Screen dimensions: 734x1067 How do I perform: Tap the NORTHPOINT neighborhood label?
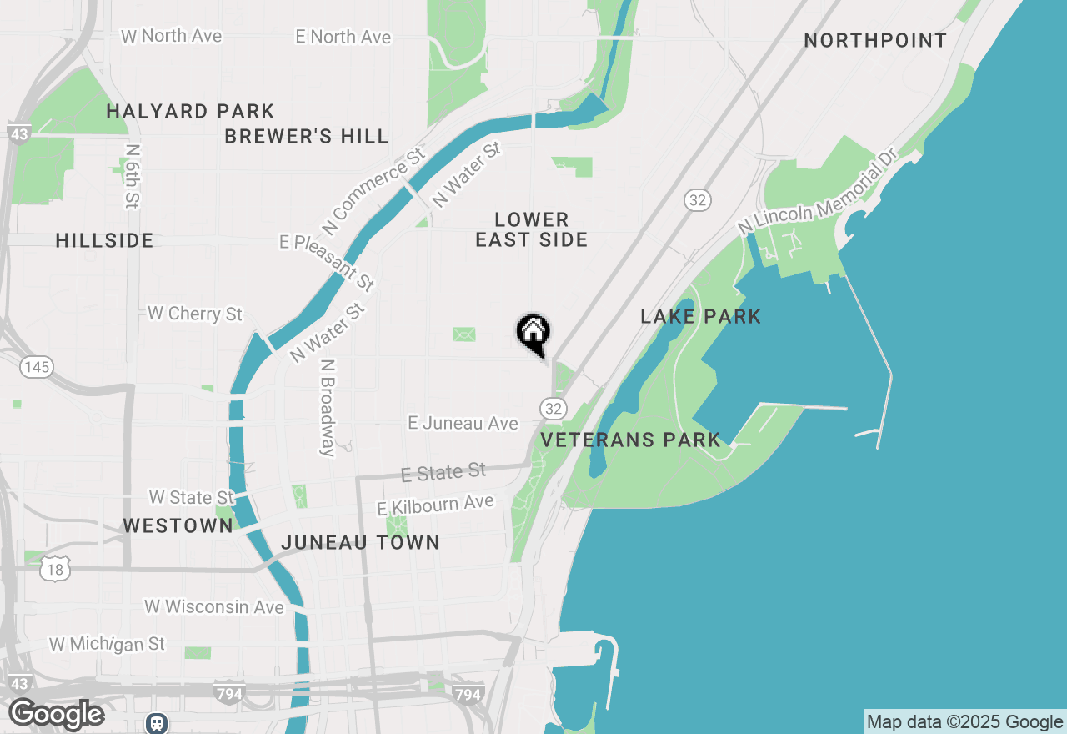[875, 41]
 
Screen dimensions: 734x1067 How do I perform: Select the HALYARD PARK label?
[190, 111]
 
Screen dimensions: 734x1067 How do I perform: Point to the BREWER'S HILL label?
[306, 136]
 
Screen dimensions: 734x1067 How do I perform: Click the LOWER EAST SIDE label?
[532, 229]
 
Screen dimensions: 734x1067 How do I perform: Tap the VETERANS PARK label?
[631, 440]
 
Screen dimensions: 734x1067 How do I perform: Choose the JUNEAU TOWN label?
[360, 542]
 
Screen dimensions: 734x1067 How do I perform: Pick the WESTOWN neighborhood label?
[178, 525]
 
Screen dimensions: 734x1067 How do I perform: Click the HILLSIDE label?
[104, 241]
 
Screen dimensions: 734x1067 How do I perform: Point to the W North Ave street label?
[172, 36]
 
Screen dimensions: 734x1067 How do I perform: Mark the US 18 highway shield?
[54, 570]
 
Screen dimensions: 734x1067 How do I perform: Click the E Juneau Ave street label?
[463, 423]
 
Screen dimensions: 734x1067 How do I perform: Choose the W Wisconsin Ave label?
[214, 606]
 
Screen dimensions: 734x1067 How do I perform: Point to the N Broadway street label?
[328, 408]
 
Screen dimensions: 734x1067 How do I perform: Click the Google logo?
[56, 714]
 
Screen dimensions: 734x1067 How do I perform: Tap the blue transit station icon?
[157, 722]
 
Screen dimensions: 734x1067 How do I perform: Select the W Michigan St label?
[107, 644]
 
